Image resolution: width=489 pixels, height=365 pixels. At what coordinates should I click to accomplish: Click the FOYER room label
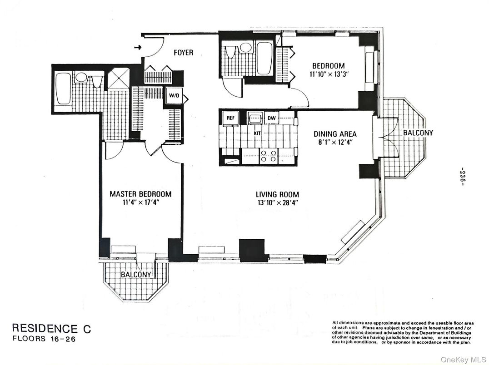pyautogui.click(x=184, y=53)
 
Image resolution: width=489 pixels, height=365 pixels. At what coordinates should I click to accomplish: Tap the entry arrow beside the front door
pyautogui.click(x=138, y=47)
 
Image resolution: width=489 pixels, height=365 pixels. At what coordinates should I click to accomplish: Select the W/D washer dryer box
pyautogui.click(x=174, y=96)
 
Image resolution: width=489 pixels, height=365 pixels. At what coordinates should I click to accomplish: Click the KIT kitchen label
pyautogui.click(x=257, y=134)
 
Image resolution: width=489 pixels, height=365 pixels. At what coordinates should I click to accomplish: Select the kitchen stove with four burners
pyautogui.click(x=268, y=156)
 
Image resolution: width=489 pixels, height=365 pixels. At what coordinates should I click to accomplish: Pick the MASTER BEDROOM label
pyautogui.click(x=140, y=194)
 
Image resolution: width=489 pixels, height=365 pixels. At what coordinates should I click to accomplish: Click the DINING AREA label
pyautogui.click(x=335, y=134)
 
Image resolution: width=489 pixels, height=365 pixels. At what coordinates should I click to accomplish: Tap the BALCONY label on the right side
pyautogui.click(x=418, y=133)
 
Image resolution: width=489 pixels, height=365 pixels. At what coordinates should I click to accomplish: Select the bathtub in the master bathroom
pyautogui.click(x=63, y=88)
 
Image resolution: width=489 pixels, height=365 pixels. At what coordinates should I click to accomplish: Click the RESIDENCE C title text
pyautogui.click(x=51, y=329)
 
